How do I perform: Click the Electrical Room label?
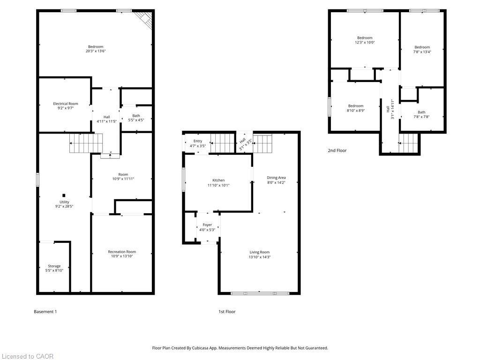[x=66, y=106]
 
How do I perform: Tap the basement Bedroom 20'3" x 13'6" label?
[x=96, y=49]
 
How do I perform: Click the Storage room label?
[x=54, y=268]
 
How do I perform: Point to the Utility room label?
[x=64, y=204]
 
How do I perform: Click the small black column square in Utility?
[x=64, y=195]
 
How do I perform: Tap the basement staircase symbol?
[x=86, y=143]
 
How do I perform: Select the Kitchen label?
[x=218, y=183]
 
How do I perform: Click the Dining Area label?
[x=276, y=180]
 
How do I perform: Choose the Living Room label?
[x=260, y=255]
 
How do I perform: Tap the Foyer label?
[x=207, y=227]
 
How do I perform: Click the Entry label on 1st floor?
[x=198, y=143]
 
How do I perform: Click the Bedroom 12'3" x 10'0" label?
[x=365, y=40]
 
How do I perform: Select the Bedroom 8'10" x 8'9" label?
[x=356, y=108]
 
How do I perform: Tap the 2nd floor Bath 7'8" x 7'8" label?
[x=421, y=114]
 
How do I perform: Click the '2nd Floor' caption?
[x=337, y=151]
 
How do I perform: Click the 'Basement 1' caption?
[x=45, y=312]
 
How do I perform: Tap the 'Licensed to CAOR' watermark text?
[x=27, y=356]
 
